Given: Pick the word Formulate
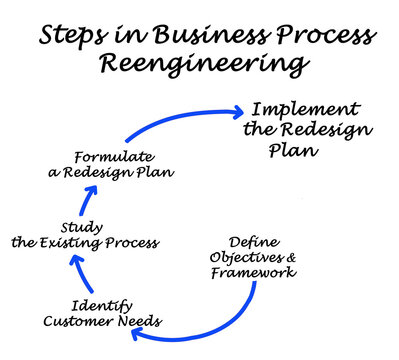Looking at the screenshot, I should [114, 156].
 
